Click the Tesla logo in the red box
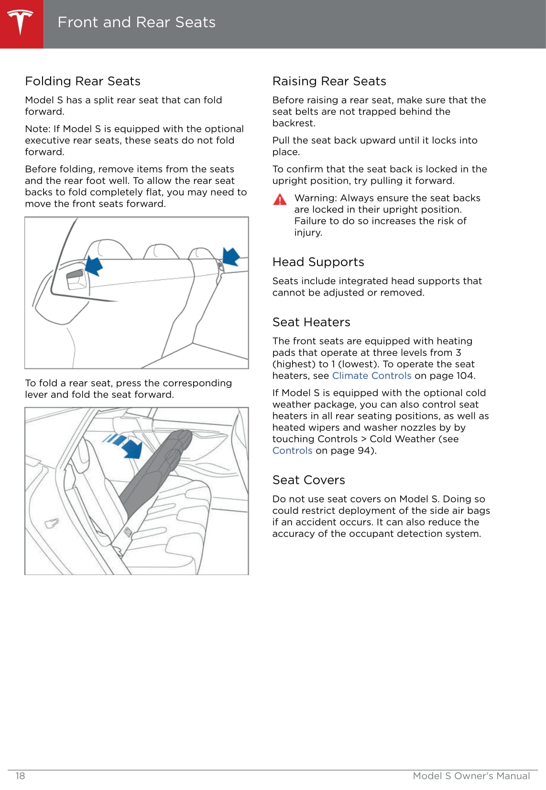coord(21,22)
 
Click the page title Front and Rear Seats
coord(136,22)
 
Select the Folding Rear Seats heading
coord(83,81)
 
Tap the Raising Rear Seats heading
coord(329,81)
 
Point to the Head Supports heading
coord(318,262)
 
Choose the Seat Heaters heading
coord(311,322)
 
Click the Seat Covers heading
coord(308,480)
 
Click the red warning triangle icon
coord(280,200)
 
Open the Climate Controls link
coord(371,376)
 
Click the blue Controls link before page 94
coord(292,451)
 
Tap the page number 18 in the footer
coord(20,776)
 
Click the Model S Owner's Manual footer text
coord(471,776)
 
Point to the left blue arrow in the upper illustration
coord(94,265)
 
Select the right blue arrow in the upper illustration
coord(231,256)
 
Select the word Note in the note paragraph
coord(36,129)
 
